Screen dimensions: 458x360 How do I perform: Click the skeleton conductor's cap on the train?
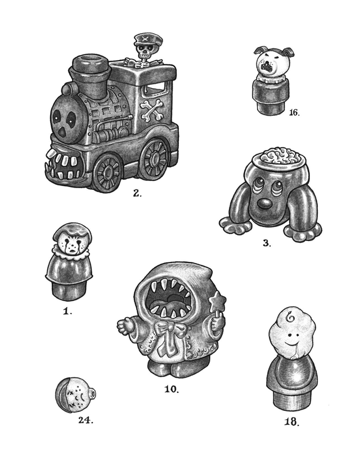(x=144, y=40)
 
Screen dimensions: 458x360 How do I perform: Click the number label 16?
(x=294, y=112)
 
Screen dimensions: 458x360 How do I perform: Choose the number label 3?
(x=267, y=243)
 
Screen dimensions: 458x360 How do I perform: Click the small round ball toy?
(x=74, y=395)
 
